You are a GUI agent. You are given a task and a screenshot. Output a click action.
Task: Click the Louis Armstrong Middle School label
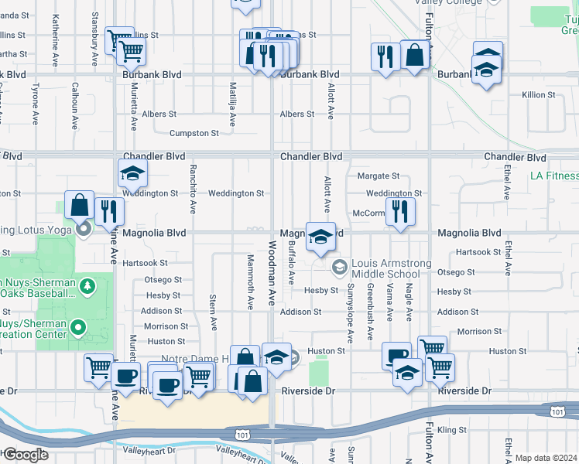[x=391, y=269]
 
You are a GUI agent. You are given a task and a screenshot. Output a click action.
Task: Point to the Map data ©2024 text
[x=546, y=458]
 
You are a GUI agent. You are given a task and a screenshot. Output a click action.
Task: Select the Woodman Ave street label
[x=272, y=272]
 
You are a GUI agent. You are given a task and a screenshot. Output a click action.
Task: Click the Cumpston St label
[x=194, y=133]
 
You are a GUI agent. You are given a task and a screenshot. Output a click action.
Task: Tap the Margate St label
[x=378, y=176]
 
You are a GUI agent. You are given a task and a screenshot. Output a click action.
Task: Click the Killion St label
[x=539, y=94]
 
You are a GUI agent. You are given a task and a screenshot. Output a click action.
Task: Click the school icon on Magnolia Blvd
[x=320, y=237]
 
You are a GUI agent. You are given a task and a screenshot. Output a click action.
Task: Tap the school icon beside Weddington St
[x=132, y=173]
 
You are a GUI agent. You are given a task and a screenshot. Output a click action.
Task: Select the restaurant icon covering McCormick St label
[x=399, y=210]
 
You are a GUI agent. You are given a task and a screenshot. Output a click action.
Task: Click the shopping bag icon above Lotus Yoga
[x=79, y=205]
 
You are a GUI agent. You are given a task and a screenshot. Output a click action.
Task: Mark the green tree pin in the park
[x=87, y=287]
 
